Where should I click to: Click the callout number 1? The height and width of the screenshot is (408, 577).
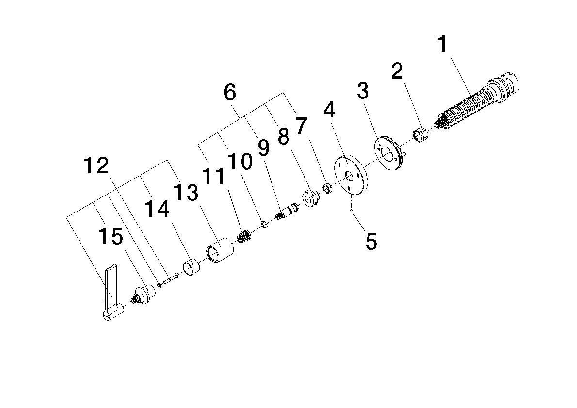click(x=442, y=45)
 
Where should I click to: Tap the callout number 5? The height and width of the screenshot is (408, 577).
click(x=371, y=241)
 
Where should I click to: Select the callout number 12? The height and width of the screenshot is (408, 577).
click(x=96, y=165)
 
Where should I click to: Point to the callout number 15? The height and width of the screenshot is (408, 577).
click(x=111, y=236)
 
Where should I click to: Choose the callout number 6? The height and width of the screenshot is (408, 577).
click(x=230, y=93)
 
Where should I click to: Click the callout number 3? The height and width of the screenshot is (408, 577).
click(x=363, y=90)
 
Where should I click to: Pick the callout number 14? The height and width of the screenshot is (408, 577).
click(x=157, y=209)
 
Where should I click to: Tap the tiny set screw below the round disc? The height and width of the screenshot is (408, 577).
click(x=352, y=210)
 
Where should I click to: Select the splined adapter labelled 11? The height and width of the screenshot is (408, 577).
click(x=243, y=236)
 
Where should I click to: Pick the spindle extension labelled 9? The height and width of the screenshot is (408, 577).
click(x=288, y=212)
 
